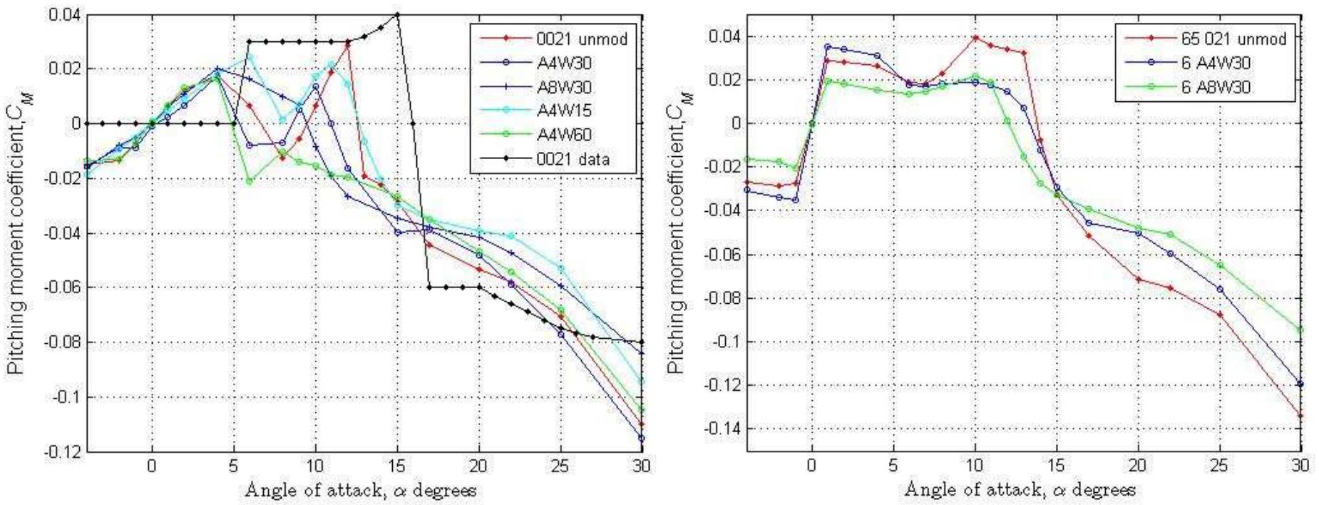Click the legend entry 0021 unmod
[x=581, y=39]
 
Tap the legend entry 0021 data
[x=573, y=159]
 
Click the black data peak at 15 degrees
[x=397, y=14]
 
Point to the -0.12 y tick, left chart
[x=65, y=452]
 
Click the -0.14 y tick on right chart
[x=723, y=429]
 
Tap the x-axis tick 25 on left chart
[x=560, y=466]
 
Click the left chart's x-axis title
[x=361, y=490]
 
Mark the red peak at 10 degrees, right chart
[x=975, y=37]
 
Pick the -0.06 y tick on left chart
[x=65, y=287]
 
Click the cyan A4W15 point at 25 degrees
[x=561, y=268]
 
